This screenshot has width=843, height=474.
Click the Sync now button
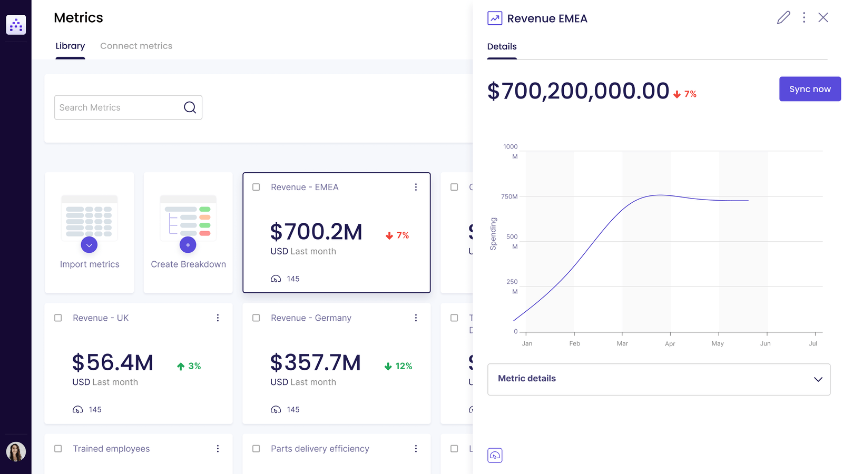[809, 89]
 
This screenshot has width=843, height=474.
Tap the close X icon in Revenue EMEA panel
[823, 17]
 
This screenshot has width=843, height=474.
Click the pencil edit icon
[783, 17]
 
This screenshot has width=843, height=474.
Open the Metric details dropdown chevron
[818, 379]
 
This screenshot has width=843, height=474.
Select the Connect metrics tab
[136, 46]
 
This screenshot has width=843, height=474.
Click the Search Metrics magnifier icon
[190, 107]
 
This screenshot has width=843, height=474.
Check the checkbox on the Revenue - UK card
[58, 318]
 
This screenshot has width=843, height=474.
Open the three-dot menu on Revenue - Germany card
[416, 318]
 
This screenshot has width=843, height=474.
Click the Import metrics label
[90, 264]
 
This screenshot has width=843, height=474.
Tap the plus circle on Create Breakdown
[188, 245]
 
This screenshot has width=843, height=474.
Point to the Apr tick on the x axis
[670, 343]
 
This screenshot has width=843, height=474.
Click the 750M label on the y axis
[509, 196]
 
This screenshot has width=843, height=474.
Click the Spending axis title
[493, 233]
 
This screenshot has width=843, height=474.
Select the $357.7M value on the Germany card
[315, 363]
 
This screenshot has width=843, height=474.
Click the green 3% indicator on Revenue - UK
[189, 366]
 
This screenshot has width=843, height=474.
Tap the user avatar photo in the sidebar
[16, 451]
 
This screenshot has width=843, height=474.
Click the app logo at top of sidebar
[16, 25]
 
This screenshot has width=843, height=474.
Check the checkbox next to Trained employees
[58, 449]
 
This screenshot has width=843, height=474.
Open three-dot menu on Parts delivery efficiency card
[416, 449]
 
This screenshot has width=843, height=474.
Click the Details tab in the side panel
[502, 46]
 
